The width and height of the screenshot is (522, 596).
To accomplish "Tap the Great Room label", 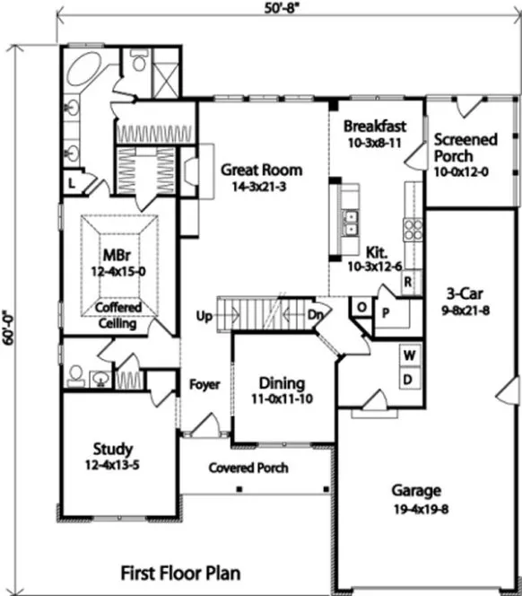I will pos(261,170).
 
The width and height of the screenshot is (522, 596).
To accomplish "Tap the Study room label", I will pos(113,448).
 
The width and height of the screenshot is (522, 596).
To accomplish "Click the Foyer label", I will pos(204,385).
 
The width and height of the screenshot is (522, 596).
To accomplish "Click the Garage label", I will pos(415,491).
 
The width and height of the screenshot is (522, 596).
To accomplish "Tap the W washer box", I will pos(409,355).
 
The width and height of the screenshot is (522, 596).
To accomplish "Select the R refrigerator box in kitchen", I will pos(406,282).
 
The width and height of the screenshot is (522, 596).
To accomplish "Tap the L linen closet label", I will pos(71,184).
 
